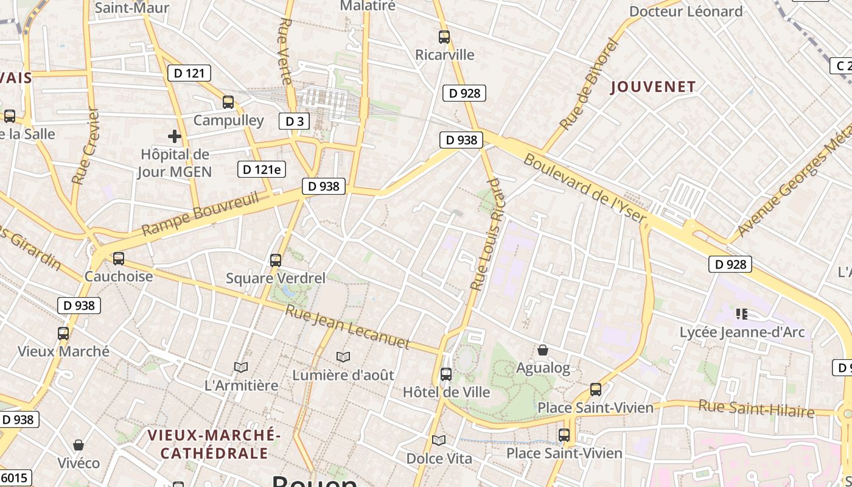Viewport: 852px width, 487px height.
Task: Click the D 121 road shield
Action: [189, 74]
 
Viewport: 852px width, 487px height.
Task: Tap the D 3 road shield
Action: [295, 121]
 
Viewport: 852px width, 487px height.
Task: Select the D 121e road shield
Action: [261, 169]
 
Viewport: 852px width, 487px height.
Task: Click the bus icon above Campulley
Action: [228, 102]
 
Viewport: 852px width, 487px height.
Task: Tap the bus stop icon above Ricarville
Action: [444, 37]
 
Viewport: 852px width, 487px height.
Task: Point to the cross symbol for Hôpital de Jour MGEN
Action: [175, 136]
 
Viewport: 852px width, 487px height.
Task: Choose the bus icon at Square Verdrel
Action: [276, 261]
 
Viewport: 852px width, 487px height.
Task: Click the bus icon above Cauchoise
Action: [119, 259]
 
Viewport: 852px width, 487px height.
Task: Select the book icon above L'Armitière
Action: [241, 367]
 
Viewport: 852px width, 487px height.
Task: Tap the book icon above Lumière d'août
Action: [343, 357]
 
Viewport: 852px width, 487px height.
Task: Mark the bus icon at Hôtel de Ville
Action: [446, 374]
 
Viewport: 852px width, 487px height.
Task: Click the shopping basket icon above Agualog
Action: [543, 350]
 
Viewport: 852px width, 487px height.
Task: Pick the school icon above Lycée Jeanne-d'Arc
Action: [741, 314]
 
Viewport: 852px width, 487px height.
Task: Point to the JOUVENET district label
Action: [653, 87]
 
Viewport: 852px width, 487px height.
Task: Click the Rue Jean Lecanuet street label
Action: [347, 328]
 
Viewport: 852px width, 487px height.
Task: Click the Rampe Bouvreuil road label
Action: [200, 214]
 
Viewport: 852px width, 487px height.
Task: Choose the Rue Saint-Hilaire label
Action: [756, 408]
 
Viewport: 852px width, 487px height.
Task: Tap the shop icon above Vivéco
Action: [78, 445]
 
